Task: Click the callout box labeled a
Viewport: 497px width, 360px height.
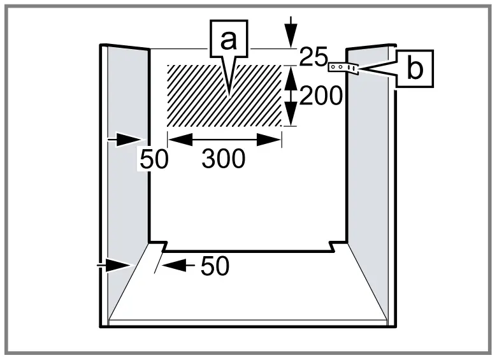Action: [227, 40]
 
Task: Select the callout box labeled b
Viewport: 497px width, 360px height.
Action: [414, 69]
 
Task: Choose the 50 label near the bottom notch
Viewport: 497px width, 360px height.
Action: [215, 267]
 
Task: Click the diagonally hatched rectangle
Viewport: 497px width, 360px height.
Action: [191, 96]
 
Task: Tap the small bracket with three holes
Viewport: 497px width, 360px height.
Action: [343, 67]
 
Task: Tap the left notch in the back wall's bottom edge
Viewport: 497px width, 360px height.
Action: [164, 246]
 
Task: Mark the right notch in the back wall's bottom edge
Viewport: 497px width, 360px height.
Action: [333, 246]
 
